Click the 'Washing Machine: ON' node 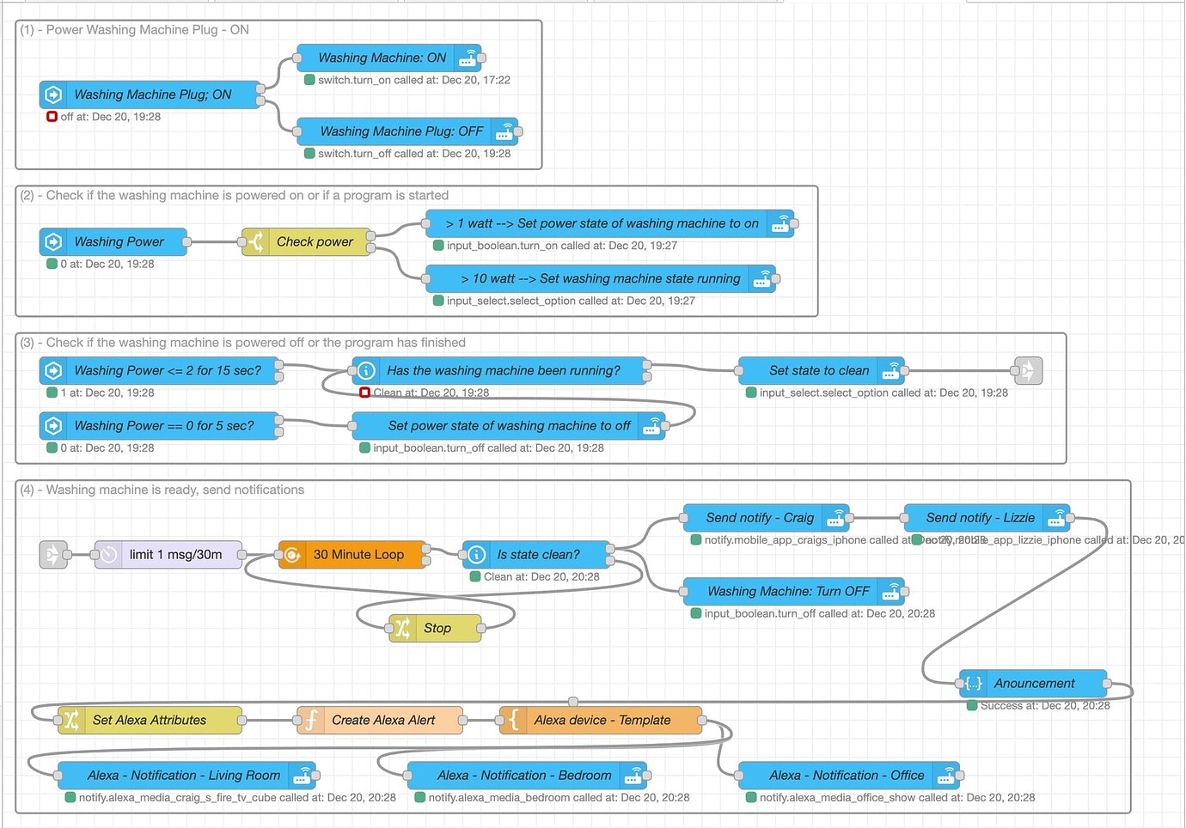[x=382, y=58]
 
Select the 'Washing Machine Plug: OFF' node [x=401, y=131]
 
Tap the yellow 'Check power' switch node [x=315, y=242]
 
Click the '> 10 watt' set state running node [x=600, y=279]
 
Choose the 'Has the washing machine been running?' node [x=503, y=371]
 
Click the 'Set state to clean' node [x=818, y=371]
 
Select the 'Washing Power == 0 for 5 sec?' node [x=163, y=426]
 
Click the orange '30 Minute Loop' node [x=358, y=555]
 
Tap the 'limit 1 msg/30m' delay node [x=175, y=555]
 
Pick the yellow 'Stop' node [x=437, y=629]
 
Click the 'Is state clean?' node [x=538, y=555]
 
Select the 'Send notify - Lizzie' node [x=980, y=518]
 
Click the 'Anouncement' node [x=1034, y=684]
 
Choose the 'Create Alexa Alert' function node [x=382, y=721]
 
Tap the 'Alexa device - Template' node [x=602, y=721]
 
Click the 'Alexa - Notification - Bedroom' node [x=524, y=776]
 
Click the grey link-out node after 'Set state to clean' [x=1028, y=371]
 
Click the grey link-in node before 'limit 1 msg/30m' [x=53, y=555]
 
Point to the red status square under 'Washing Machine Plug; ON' [x=52, y=117]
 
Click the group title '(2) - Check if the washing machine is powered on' [x=234, y=196]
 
